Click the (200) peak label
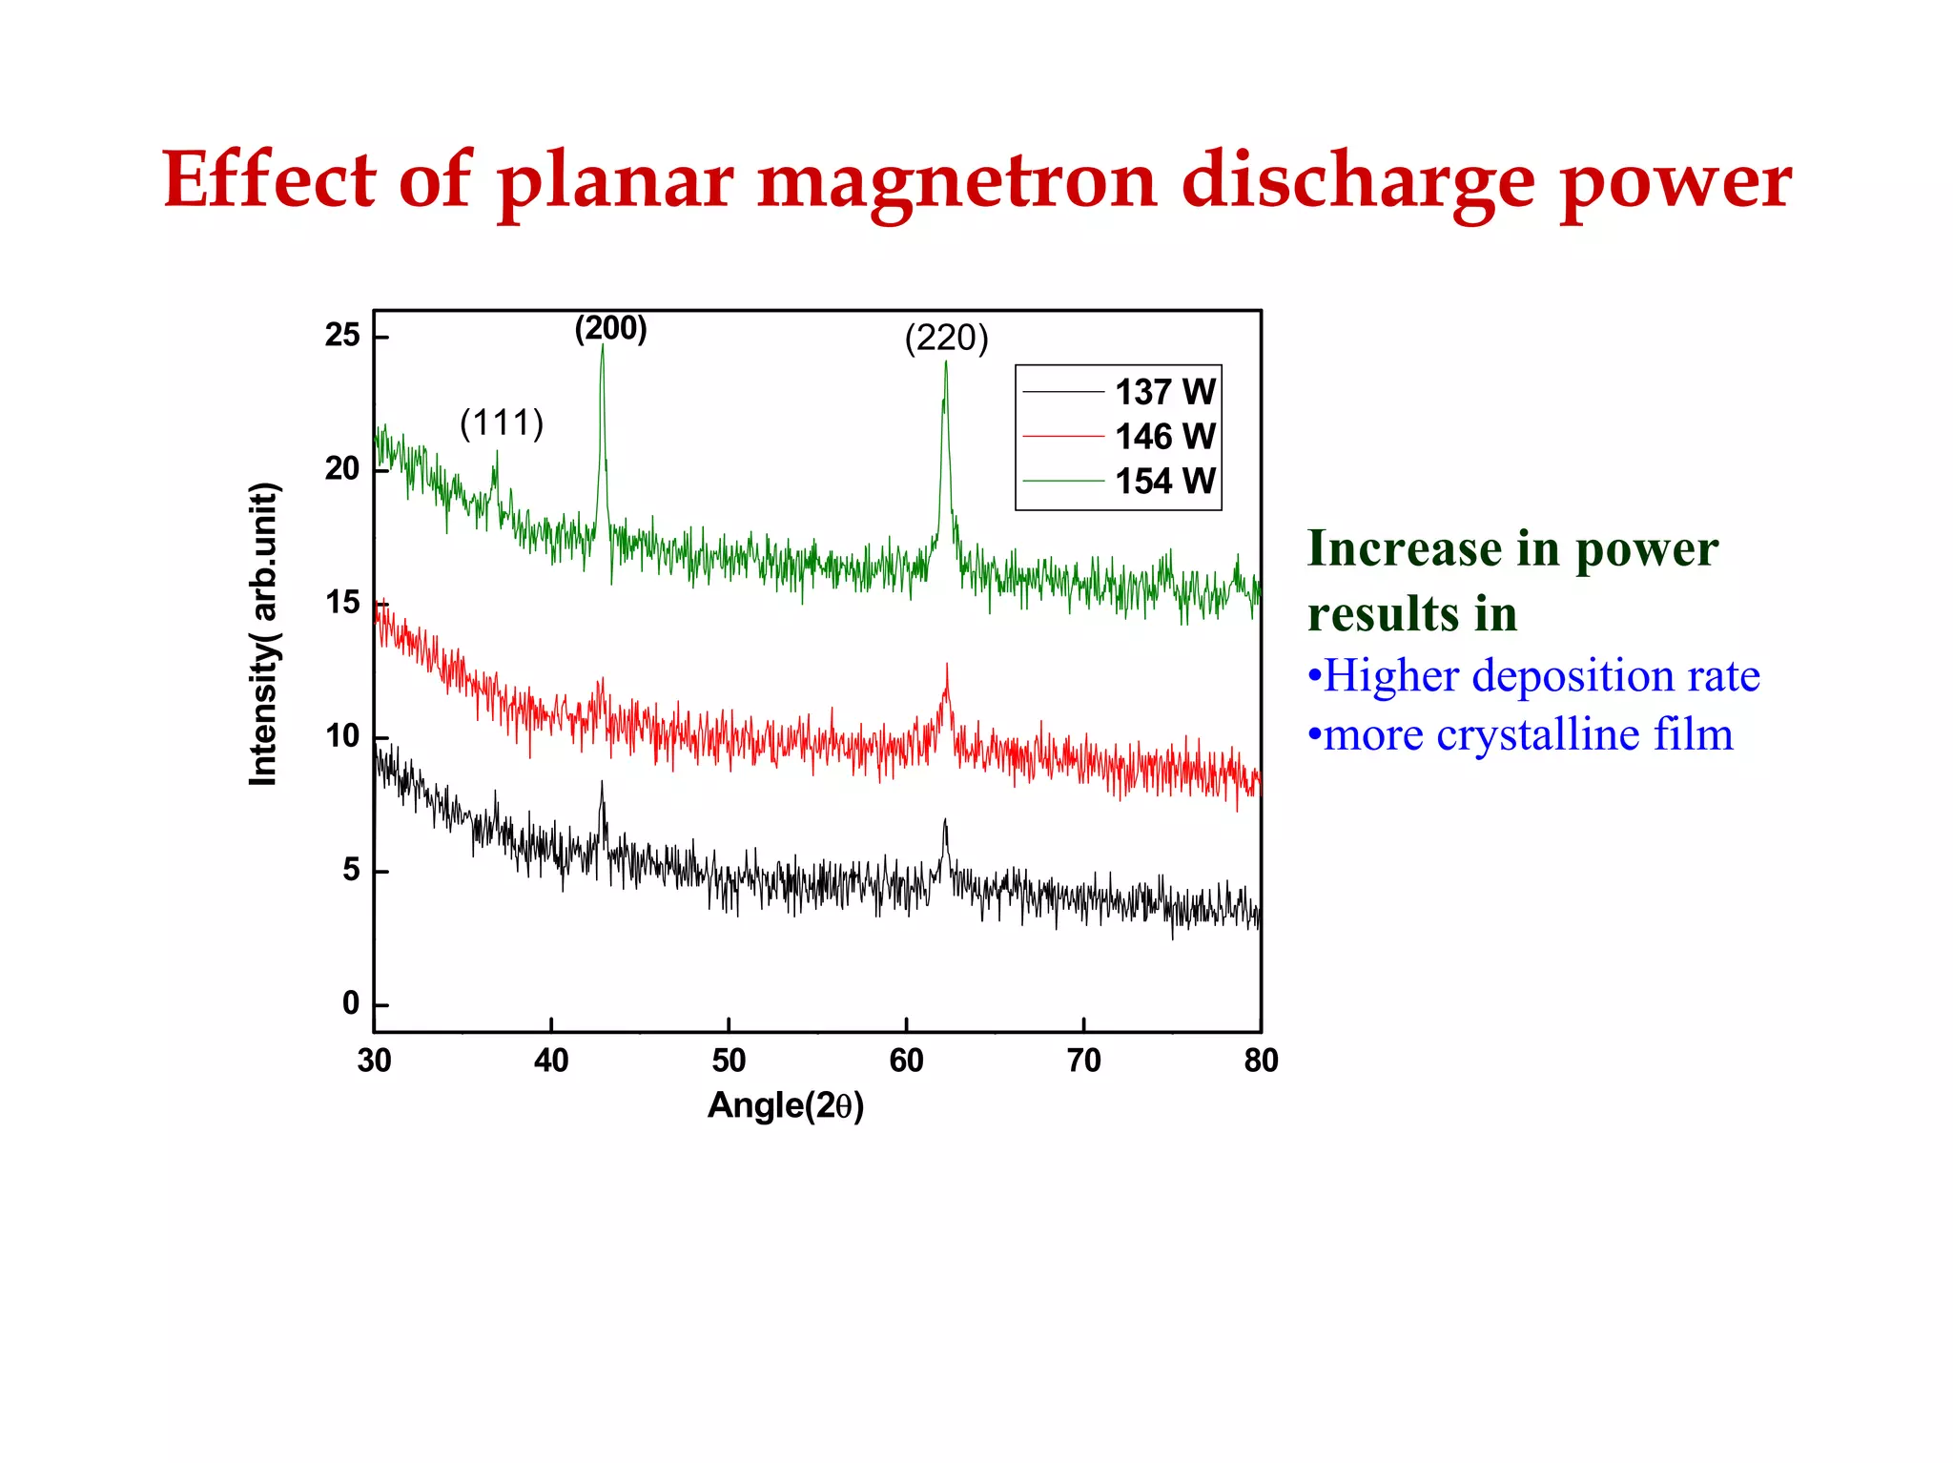[610, 328]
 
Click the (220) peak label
[946, 338]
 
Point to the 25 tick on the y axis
[342, 336]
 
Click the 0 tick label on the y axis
[351, 1003]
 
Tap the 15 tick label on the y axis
[342, 603]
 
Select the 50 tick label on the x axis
[729, 1061]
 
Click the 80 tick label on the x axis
[1261, 1061]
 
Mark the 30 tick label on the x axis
[374, 1061]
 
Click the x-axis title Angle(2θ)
[786, 1105]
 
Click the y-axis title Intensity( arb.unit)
[263, 634]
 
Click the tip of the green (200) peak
[602, 345]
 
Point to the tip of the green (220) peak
[946, 361]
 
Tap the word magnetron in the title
[956, 181]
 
